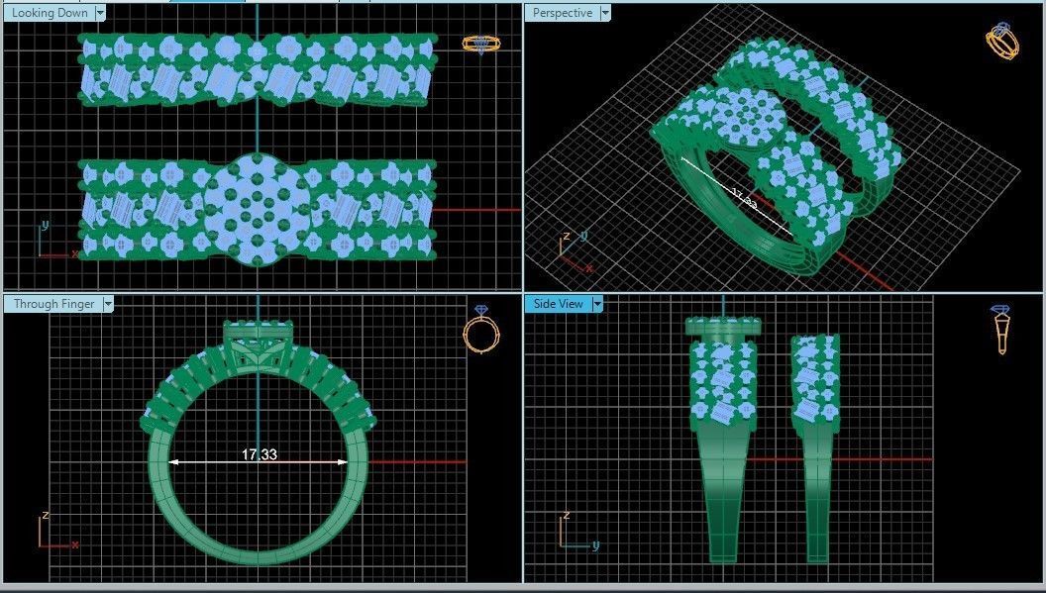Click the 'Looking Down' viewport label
click(49, 13)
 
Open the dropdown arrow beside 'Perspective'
click(604, 13)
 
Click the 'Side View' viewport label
click(559, 304)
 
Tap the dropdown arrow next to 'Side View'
click(598, 304)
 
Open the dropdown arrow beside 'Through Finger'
click(108, 304)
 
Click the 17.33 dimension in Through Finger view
click(259, 454)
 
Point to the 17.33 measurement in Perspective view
click(743, 199)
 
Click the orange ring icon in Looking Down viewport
click(481, 45)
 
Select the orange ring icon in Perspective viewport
click(1002, 42)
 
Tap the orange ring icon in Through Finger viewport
click(481, 331)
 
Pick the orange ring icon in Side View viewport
click(1002, 330)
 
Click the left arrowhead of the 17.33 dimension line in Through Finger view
click(173, 461)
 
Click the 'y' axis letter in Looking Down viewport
click(46, 225)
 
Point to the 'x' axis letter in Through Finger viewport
click(75, 544)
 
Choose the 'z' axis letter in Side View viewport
click(567, 516)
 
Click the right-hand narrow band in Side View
click(815, 445)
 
